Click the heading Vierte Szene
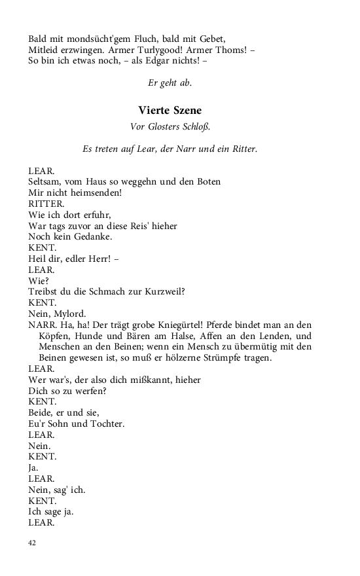click(170, 110)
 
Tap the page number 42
click(32, 543)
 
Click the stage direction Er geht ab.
click(170, 82)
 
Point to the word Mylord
click(68, 314)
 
